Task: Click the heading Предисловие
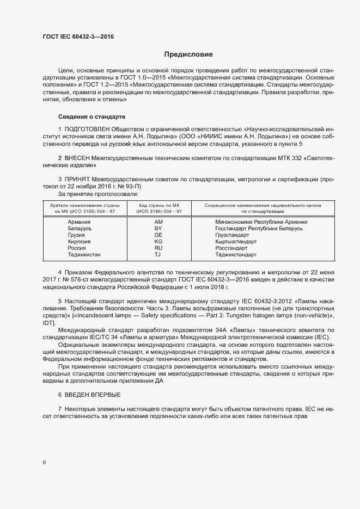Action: [189, 54]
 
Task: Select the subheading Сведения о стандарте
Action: [91, 117]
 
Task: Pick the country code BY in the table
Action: [158, 229]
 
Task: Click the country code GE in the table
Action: [158, 235]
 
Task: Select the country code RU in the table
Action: [158, 248]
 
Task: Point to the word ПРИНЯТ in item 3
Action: [77, 179]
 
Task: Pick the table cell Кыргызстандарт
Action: [235, 241]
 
